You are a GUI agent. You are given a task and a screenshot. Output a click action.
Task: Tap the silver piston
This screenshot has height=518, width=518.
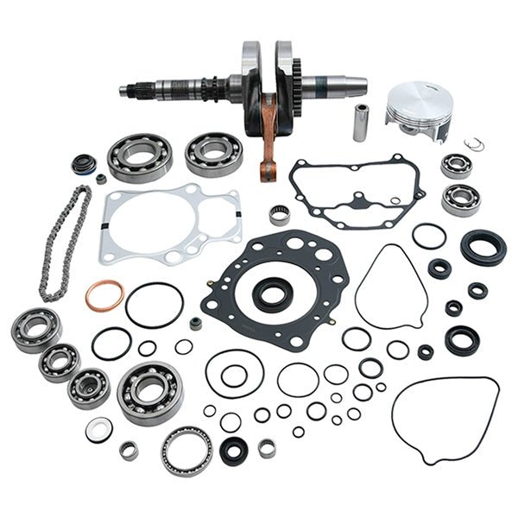point(419,110)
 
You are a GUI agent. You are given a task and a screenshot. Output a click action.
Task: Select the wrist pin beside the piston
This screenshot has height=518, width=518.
point(360,123)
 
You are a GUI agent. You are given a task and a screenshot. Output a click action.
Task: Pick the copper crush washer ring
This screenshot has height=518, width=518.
point(104,297)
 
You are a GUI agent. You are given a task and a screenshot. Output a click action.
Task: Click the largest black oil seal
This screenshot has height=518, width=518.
point(483,247)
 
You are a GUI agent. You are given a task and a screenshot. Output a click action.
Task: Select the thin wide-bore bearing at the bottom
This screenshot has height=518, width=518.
point(186,449)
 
